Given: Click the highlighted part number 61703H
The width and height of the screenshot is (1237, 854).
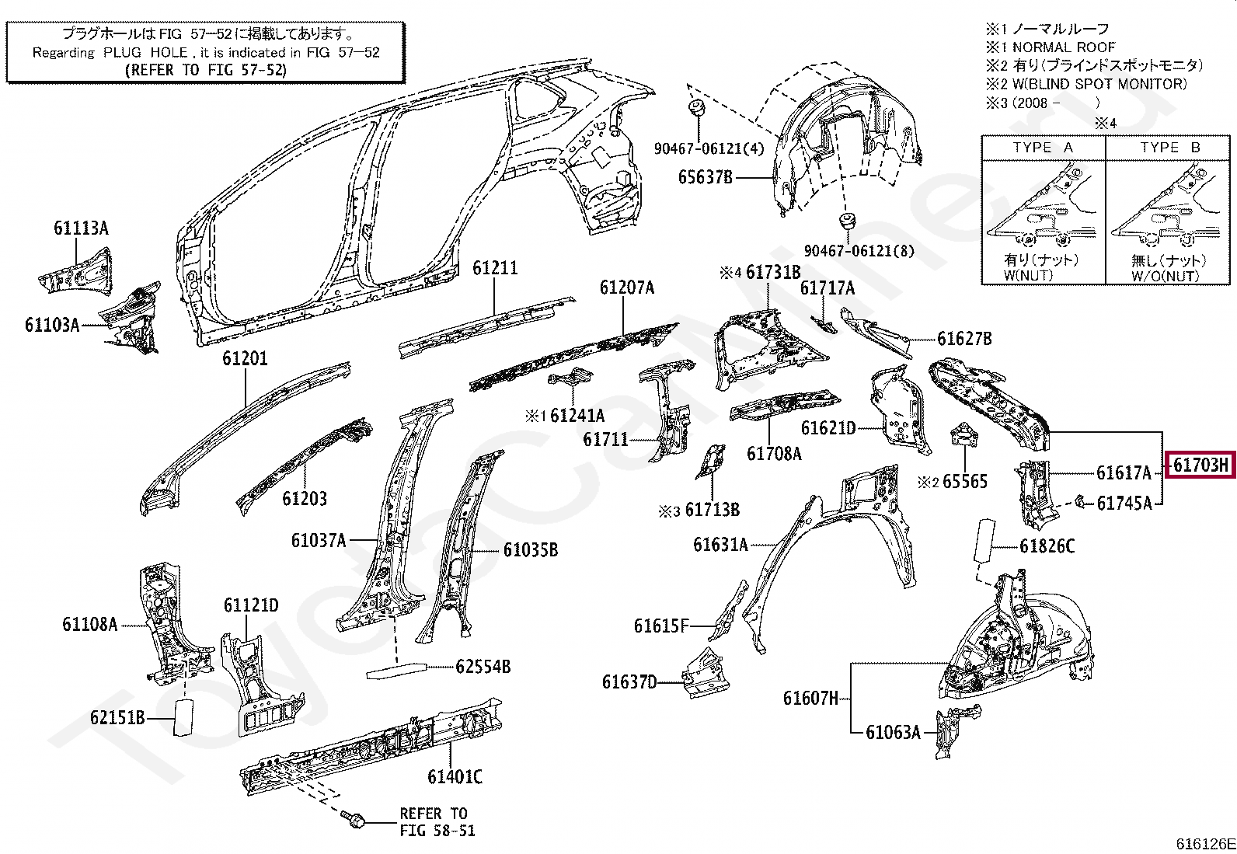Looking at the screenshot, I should pos(1200,465).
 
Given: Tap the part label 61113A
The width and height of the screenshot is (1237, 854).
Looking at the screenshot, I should pos(81,228).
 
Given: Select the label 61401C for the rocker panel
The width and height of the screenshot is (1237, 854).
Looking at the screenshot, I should pos(455,776).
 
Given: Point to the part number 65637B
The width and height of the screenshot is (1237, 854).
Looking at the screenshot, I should pos(705,177).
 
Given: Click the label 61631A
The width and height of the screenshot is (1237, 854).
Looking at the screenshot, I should pos(720,545).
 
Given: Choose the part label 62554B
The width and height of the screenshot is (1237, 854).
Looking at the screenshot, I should pos(483,667).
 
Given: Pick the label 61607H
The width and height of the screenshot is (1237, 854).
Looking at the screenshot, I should pos(810,699).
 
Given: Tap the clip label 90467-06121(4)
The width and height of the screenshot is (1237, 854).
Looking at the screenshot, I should pos(709,148).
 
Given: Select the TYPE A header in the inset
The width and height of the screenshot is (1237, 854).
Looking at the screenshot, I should pos(1043,148).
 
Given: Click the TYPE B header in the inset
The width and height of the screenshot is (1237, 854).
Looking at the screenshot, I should pos(1169,148).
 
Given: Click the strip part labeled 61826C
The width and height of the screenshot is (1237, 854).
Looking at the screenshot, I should pos(983,541).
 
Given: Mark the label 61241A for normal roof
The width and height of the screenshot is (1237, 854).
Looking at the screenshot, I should pos(577,416).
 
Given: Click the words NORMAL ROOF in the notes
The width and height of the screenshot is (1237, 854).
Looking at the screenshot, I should pos(1063,47).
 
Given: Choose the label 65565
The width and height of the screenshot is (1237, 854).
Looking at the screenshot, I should pos(964,482).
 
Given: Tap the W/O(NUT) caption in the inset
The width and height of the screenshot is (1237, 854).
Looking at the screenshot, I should pos(1165,276).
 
